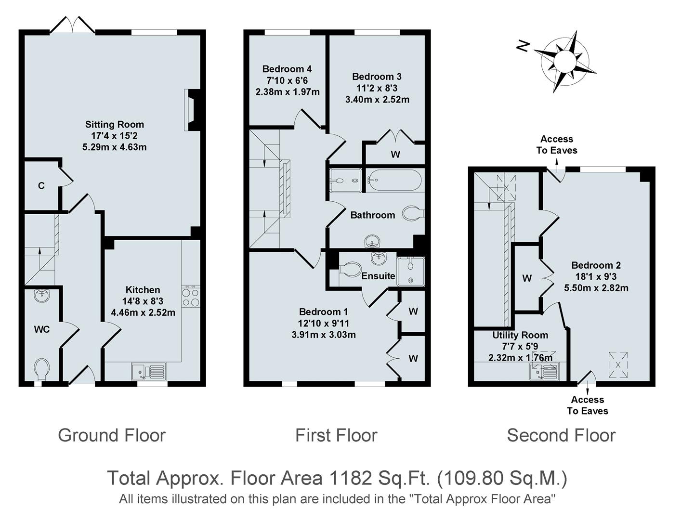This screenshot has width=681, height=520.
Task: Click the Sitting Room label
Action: click(115, 125)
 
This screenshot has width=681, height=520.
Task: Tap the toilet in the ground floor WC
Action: click(41, 369)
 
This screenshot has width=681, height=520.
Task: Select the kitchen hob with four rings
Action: click(191, 297)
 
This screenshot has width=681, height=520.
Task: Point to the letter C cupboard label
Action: click(41, 186)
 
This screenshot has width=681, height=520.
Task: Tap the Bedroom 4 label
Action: click(287, 69)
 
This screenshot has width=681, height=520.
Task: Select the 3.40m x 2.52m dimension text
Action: click(377, 100)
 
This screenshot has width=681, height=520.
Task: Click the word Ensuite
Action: click(378, 276)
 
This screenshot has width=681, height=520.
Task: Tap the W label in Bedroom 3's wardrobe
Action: click(395, 154)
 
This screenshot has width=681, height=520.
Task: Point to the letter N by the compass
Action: click(523, 46)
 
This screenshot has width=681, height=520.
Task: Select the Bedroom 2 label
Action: click(596, 265)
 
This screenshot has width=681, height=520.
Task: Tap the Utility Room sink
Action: click(544, 371)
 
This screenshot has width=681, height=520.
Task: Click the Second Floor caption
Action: click(561, 435)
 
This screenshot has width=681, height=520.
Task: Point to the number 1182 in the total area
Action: click(350, 478)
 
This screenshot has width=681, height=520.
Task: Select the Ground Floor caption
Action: click(112, 435)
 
